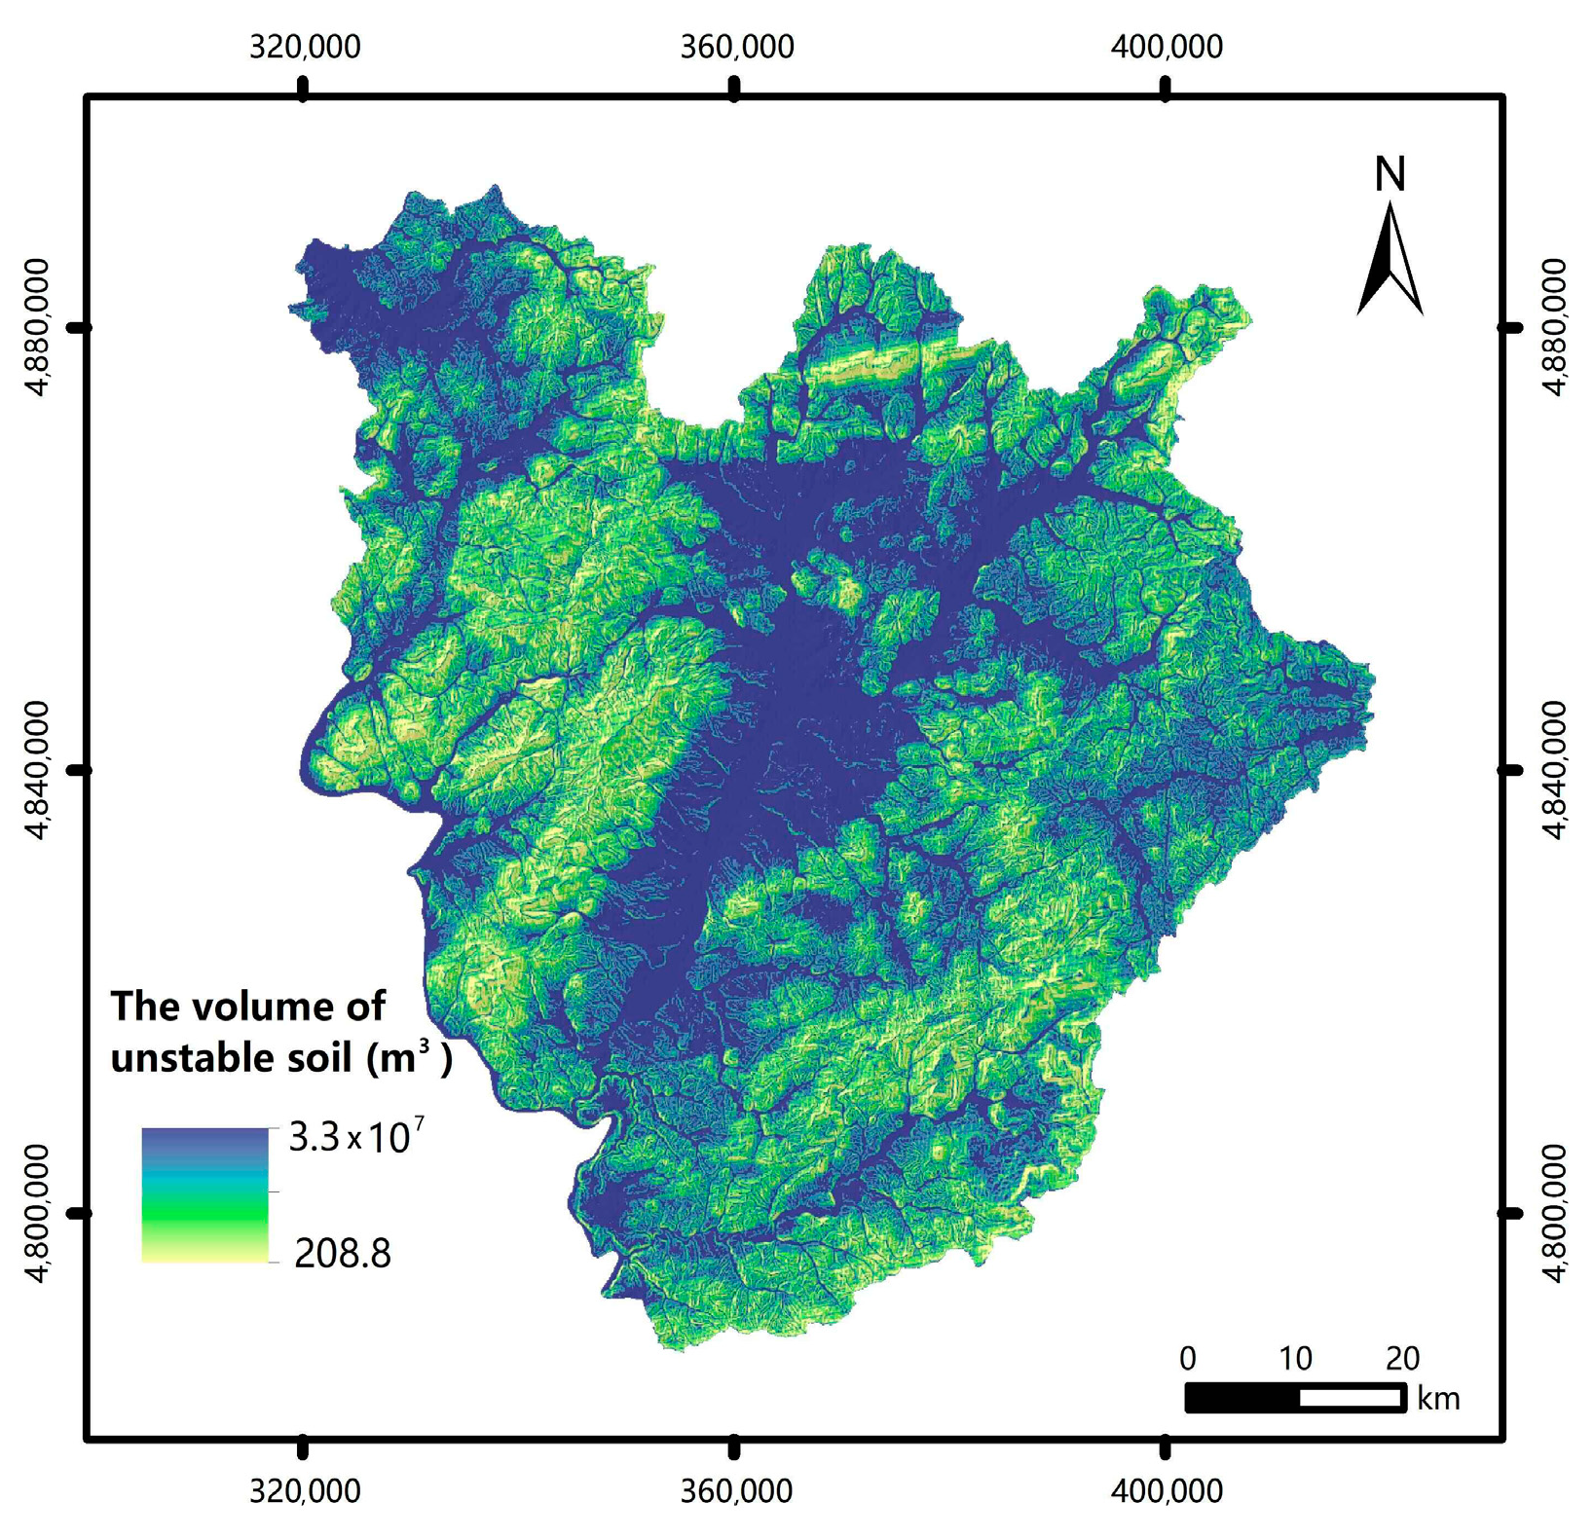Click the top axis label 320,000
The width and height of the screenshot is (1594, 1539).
pos(305,47)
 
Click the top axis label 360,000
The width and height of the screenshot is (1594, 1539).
pos(736,47)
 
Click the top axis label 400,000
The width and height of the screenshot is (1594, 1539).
pos(1167,47)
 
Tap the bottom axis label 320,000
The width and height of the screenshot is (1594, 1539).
pos(305,1490)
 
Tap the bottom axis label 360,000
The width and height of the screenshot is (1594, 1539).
pos(736,1490)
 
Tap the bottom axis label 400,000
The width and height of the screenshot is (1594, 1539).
pos(1167,1490)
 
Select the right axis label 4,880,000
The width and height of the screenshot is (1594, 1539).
pos(1555,327)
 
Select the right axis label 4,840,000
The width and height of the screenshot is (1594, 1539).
pos(1555,769)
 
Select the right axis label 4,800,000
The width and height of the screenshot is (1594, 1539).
pos(1555,1213)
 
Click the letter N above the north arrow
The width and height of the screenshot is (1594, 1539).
pos(1390,174)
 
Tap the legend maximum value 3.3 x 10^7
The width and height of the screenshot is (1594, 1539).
pos(356,1137)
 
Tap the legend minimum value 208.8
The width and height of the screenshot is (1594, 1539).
pos(343,1254)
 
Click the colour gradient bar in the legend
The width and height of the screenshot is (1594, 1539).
pos(204,1194)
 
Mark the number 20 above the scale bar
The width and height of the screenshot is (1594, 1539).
pos(1401,1358)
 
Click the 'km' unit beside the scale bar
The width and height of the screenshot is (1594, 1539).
pos(1438,1400)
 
